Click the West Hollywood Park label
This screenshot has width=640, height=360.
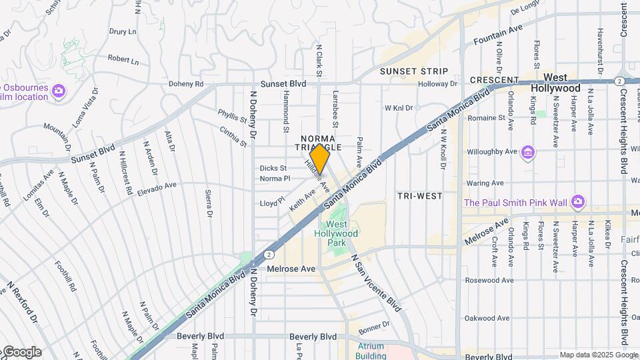337,238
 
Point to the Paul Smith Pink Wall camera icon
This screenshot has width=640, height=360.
578,201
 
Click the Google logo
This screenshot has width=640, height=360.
22,352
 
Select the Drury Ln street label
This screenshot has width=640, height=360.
123,31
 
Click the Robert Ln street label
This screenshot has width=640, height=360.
123,60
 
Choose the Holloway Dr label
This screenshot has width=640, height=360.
438,84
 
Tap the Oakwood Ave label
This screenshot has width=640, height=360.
484,318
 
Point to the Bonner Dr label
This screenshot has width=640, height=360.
373,327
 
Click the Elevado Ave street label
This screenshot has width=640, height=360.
157,186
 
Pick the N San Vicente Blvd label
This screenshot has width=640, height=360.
376,283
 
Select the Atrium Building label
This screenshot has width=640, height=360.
371,351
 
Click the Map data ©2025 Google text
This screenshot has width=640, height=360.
597,355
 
